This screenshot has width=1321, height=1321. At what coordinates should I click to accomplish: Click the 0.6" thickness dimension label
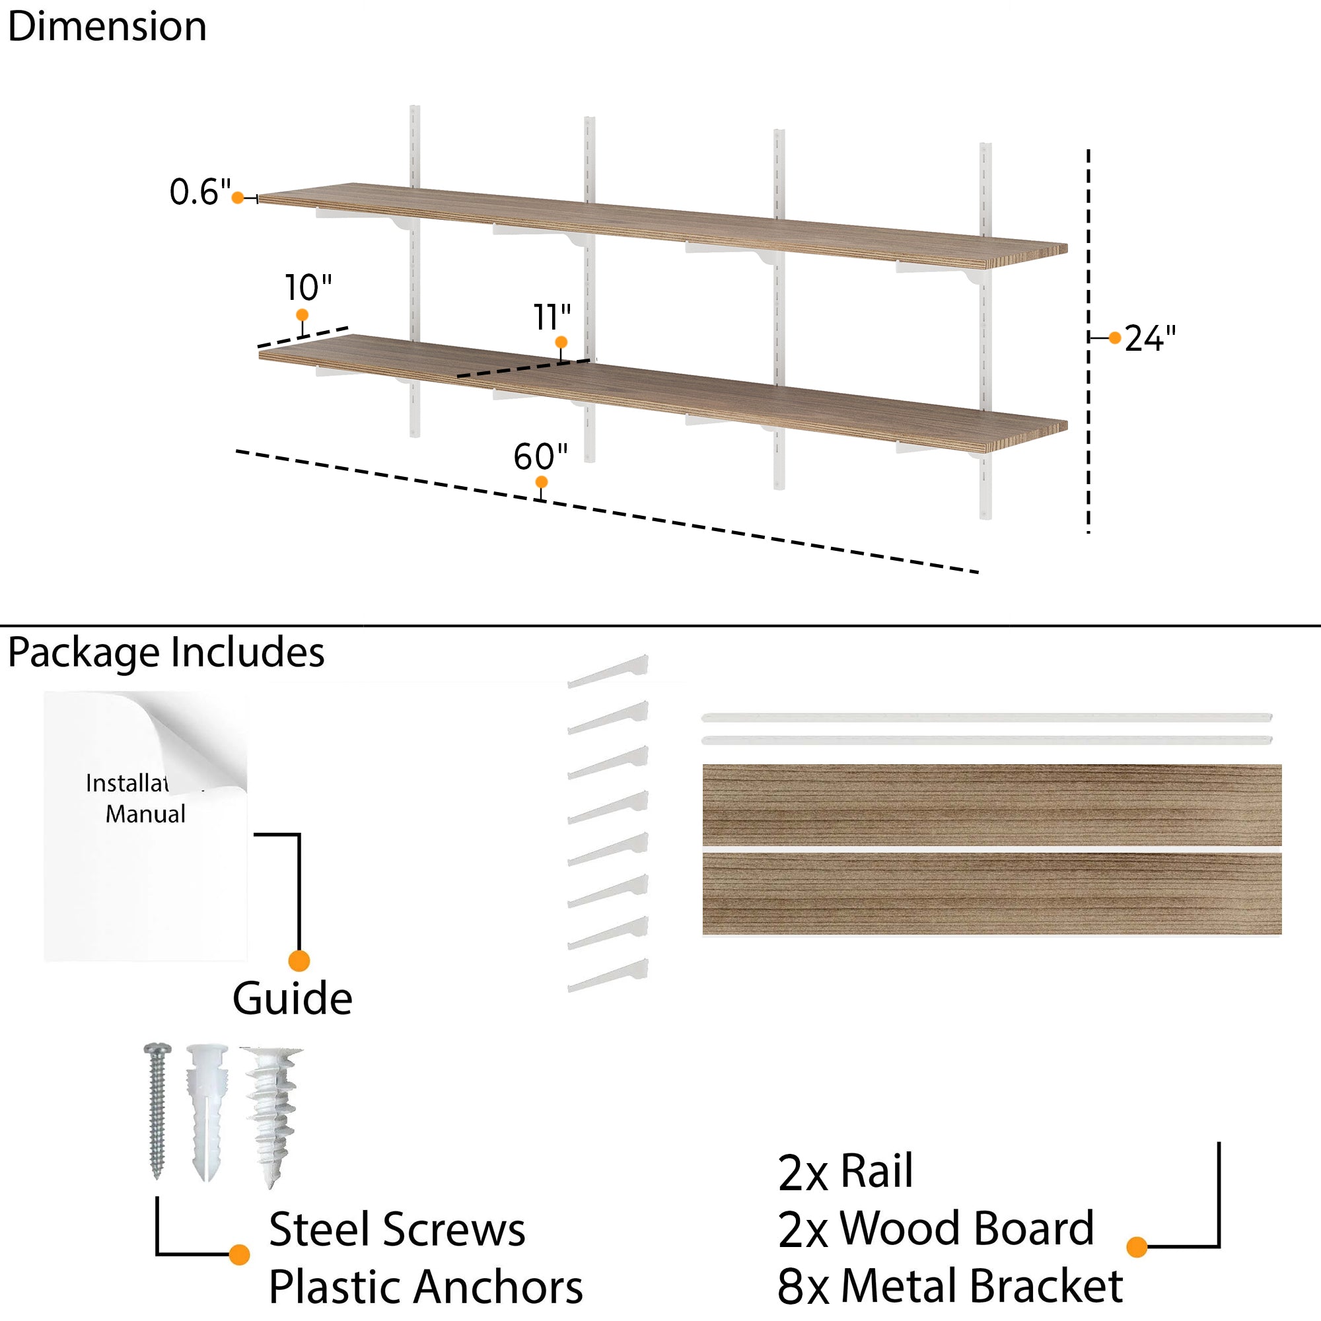(x=199, y=192)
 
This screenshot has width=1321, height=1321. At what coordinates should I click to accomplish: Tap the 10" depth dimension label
(x=308, y=288)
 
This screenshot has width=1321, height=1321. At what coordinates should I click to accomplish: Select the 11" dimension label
(x=552, y=318)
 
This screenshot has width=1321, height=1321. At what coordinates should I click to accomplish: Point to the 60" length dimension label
(x=540, y=457)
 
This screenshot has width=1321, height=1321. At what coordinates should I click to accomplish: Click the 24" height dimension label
(x=1150, y=338)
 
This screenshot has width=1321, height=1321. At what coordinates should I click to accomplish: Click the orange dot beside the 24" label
(x=1114, y=338)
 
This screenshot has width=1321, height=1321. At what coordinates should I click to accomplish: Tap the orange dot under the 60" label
(x=541, y=483)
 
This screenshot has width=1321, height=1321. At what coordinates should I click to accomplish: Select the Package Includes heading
(x=166, y=653)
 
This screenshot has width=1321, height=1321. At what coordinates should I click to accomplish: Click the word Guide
(x=292, y=999)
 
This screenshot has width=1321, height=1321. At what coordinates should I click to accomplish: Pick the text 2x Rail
(x=845, y=1172)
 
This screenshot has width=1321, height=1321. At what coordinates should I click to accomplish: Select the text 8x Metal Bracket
(x=950, y=1286)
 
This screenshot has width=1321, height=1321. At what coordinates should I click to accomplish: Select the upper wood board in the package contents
(x=991, y=804)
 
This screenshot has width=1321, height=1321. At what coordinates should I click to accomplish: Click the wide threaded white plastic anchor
(x=272, y=1114)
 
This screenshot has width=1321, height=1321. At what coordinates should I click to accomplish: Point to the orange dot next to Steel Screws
(x=238, y=1255)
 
